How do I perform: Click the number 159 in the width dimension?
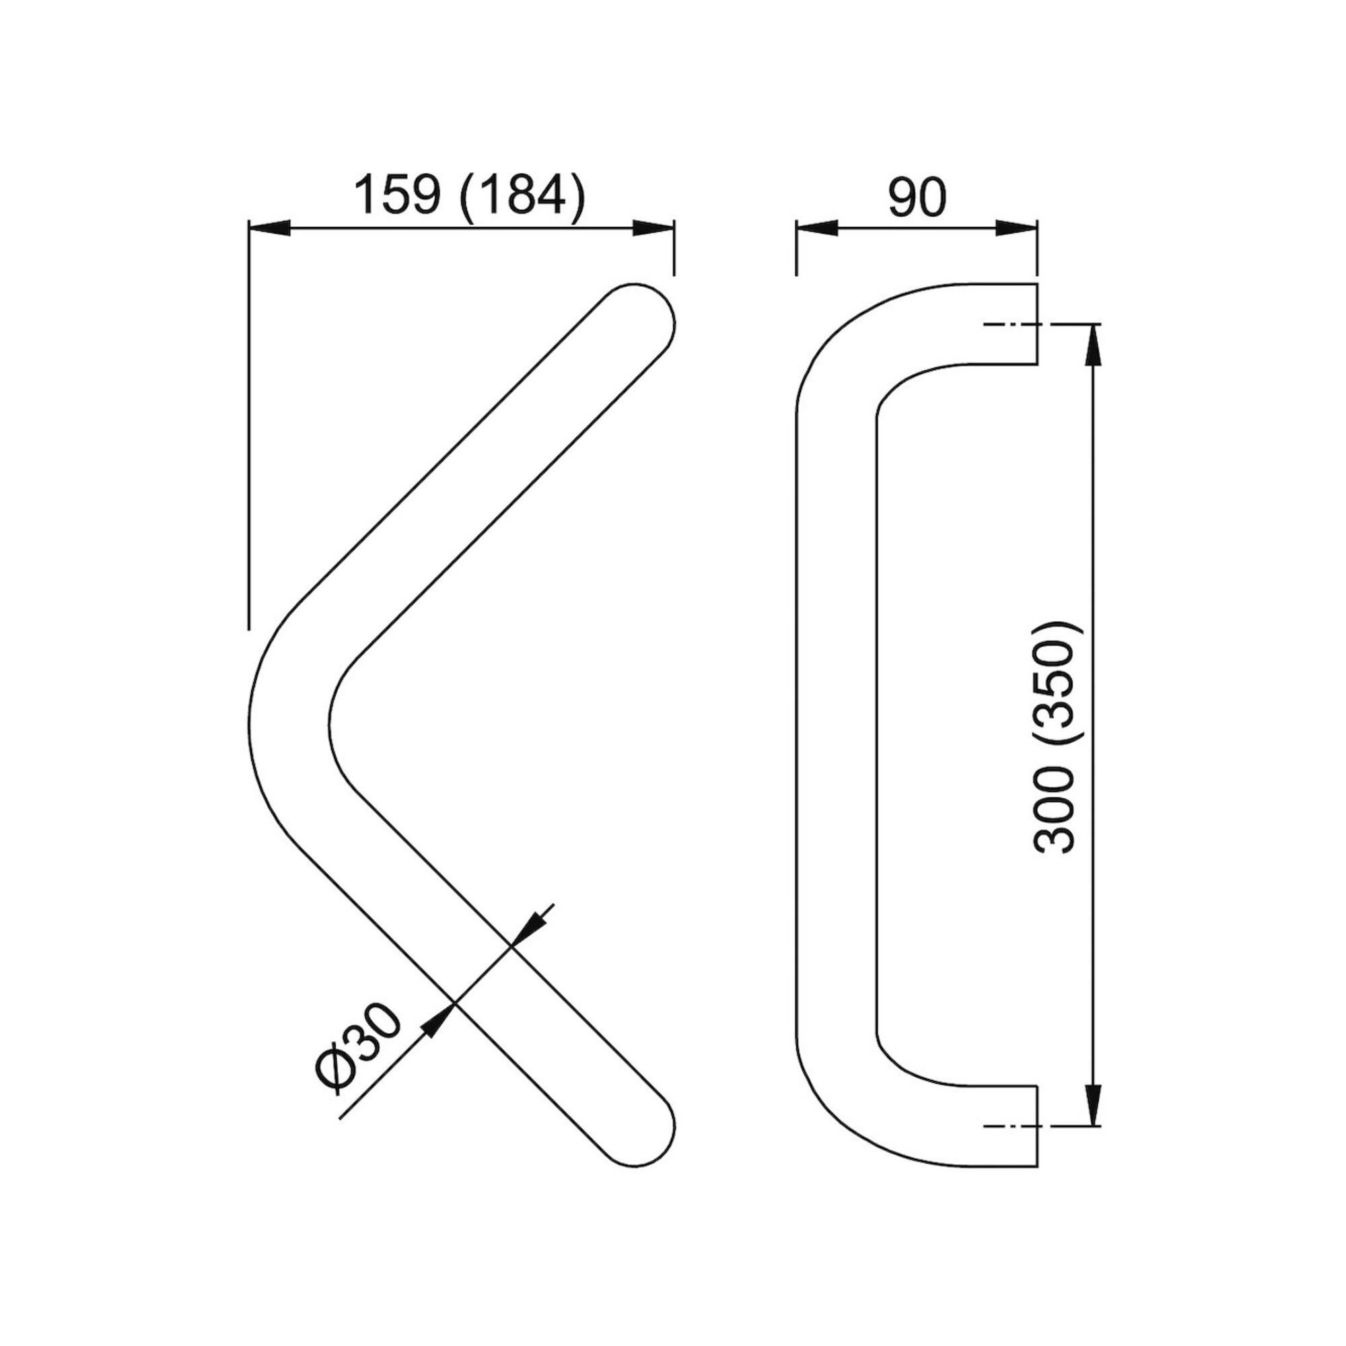pyautogui.click(x=398, y=196)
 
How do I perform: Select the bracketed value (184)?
pyautogui.click(x=522, y=197)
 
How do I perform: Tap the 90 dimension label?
pyautogui.click(x=917, y=197)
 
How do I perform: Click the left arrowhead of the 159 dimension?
pyautogui.click(x=269, y=228)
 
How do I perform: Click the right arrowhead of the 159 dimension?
pyautogui.click(x=653, y=228)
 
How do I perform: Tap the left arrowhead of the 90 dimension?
pyautogui.click(x=816, y=228)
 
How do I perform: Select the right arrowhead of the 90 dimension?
pyautogui.click(x=1016, y=228)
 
